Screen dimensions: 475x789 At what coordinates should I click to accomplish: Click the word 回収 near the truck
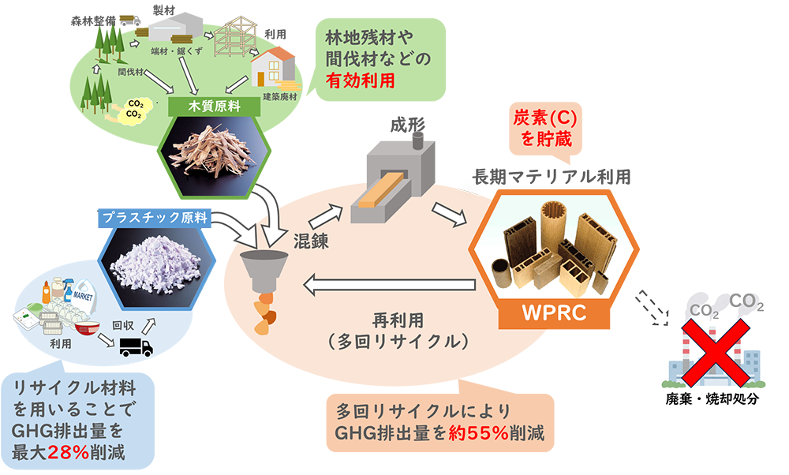pyautogui.click(x=122, y=319)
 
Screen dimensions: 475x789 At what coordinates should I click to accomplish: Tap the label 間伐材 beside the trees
pyautogui.click(x=129, y=71)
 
